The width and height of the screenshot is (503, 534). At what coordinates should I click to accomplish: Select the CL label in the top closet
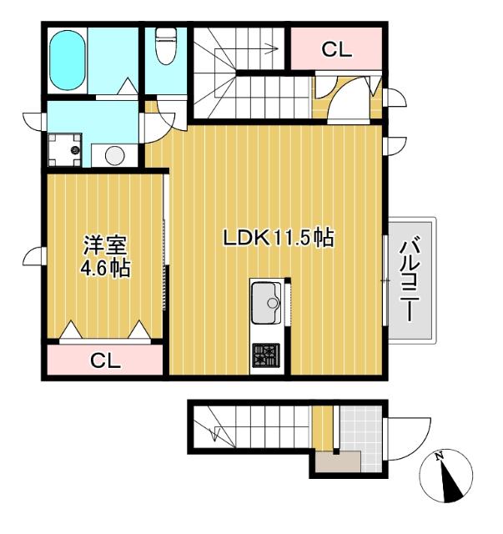click(x=337, y=49)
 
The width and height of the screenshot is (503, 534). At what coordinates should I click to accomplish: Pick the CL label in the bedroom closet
click(x=106, y=361)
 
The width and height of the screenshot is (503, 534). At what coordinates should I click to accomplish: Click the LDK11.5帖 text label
click(x=278, y=238)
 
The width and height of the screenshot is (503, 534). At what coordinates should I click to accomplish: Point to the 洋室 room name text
click(x=105, y=246)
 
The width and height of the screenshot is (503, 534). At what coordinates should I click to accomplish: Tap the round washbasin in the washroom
click(x=114, y=155)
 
